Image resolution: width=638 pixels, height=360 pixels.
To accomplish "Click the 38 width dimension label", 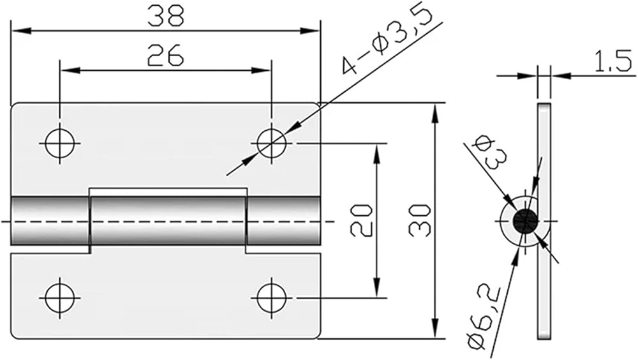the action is pos(166,16).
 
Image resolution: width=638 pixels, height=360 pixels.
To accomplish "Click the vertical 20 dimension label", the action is pos(361,221).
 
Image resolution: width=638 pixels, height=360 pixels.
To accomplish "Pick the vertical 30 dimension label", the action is pos(420,221).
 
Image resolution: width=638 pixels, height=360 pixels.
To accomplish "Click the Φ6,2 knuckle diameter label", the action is pos(485,318).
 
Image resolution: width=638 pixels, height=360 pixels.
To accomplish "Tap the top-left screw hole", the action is pos(60,144).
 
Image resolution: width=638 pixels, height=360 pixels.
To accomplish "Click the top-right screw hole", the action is pos(271,144).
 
